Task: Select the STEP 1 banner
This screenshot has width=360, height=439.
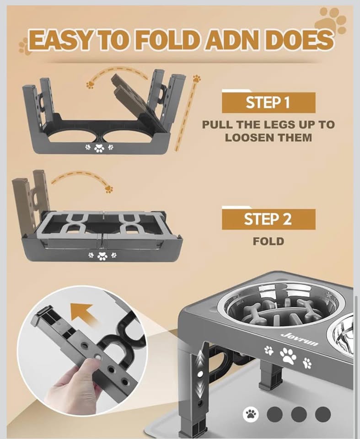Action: pos(268,102)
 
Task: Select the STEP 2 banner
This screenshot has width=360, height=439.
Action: pos(268,219)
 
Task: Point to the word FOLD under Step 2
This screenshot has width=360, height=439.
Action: pos(268,241)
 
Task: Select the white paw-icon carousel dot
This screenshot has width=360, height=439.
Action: pos(251,414)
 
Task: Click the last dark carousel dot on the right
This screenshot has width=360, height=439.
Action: pos(323,414)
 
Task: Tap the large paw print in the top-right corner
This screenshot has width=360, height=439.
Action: pos(331,21)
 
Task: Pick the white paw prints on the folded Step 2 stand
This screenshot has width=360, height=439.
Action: pos(102,256)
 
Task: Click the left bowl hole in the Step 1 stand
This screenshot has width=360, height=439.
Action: pos(73,136)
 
